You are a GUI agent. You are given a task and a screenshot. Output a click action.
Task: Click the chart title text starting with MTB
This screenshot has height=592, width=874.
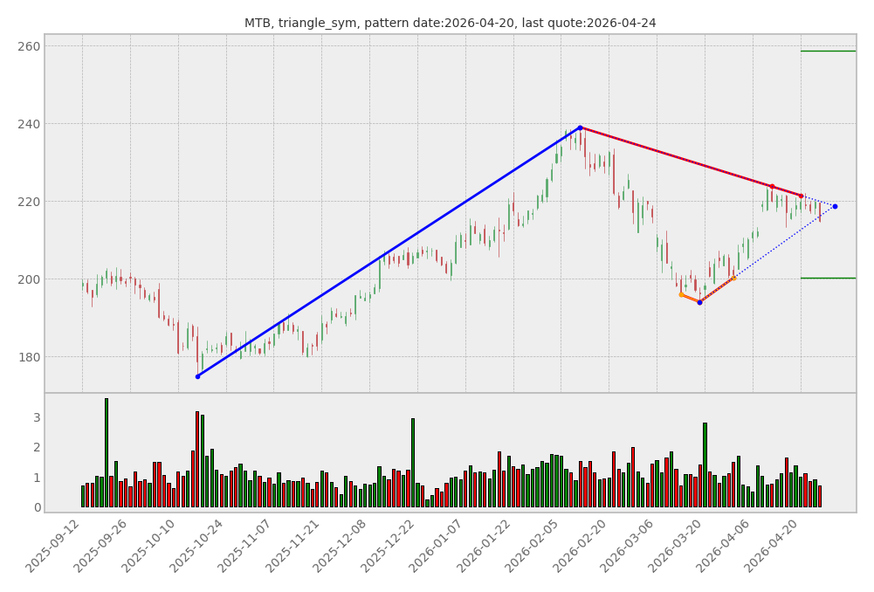450,23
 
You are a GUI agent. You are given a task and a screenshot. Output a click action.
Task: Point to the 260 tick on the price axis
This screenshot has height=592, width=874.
30,46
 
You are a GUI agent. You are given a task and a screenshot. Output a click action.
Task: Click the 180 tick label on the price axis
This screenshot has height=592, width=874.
30,357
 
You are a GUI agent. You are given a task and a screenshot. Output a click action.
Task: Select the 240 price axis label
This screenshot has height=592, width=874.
30,124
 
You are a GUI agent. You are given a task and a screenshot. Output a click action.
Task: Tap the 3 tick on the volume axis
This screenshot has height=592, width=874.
37,417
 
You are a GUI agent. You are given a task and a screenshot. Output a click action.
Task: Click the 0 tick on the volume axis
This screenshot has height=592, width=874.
37,507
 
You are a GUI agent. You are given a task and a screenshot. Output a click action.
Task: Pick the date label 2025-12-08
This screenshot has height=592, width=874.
342,547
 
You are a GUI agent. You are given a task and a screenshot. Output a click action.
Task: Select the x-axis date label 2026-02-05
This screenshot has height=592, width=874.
533,547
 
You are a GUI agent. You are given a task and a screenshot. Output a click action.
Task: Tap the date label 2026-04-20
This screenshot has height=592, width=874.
773,547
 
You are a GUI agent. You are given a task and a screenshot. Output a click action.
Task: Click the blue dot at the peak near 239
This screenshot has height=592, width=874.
580,127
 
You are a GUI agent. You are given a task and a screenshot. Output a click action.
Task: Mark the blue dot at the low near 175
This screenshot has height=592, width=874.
197,376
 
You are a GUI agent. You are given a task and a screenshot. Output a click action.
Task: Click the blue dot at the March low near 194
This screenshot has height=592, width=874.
699,302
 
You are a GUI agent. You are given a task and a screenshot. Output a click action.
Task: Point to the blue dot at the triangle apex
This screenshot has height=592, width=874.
835,206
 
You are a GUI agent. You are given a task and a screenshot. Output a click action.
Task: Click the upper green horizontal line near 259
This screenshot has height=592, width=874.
828,51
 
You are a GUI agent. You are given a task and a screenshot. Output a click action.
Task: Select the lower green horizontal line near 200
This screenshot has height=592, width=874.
828,278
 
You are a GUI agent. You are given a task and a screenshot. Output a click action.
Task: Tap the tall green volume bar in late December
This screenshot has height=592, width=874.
413,463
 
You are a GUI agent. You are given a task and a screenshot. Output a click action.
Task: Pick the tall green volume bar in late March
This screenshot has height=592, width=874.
705,465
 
